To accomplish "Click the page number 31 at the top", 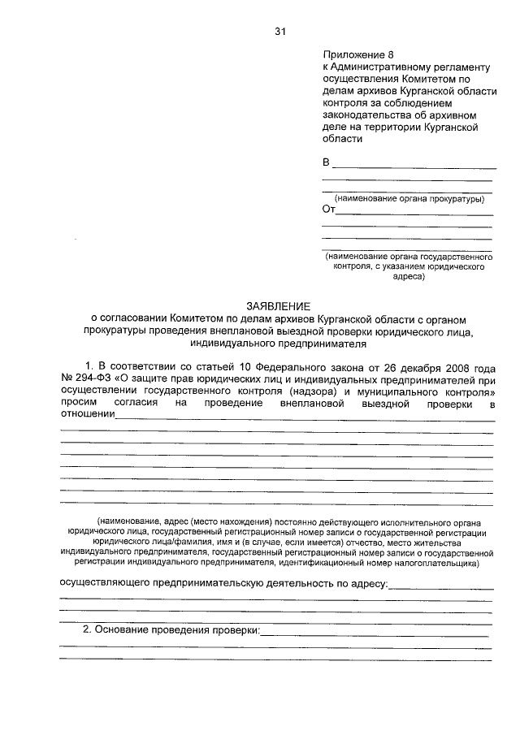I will (280, 32).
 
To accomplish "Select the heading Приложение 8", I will (352, 54).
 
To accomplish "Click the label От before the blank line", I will (328, 209).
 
